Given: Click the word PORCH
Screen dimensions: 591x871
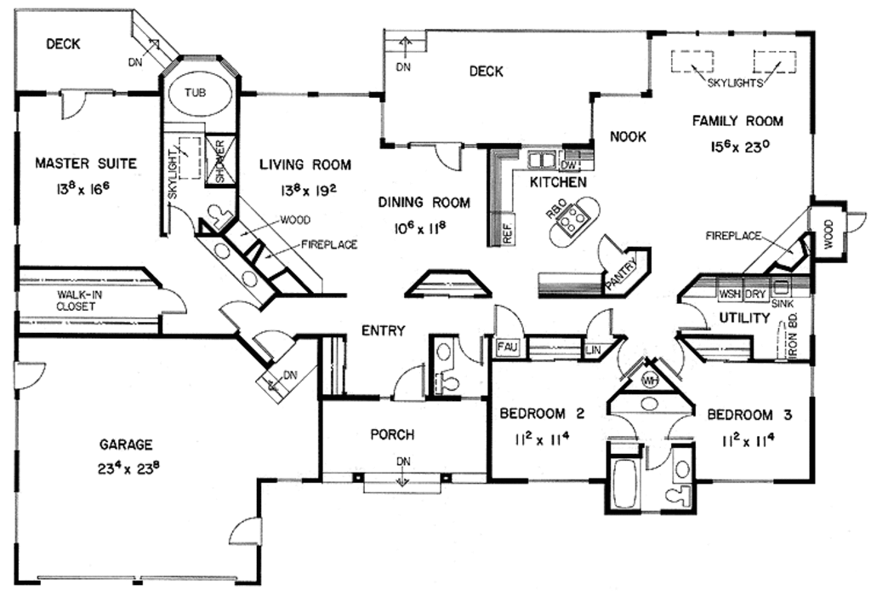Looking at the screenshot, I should click(392, 435).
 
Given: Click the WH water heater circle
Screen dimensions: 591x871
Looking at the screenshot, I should click(651, 380).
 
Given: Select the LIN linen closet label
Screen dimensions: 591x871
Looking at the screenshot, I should click(593, 350).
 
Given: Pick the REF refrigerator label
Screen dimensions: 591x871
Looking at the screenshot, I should click(506, 233).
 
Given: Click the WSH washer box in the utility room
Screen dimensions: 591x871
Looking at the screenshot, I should click(729, 295).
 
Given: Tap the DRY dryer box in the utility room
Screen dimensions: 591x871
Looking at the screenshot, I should click(754, 295).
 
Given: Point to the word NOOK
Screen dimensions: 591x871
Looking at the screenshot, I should click(628, 136).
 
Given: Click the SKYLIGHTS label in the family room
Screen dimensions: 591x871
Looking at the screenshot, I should click(734, 83).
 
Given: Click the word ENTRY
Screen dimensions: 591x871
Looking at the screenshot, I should click(383, 330).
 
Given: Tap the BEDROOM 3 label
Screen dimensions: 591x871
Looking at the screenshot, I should click(749, 416).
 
